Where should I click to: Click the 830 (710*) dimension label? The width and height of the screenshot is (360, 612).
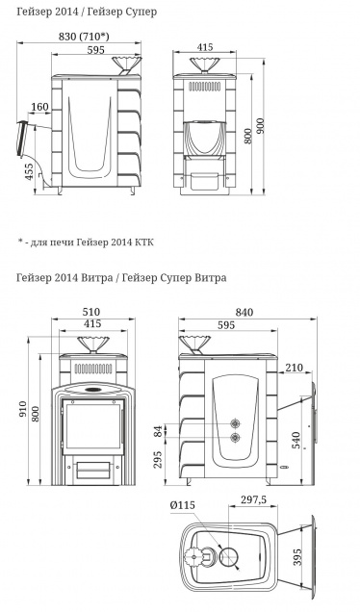84,37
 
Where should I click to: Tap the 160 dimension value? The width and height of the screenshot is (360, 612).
39,107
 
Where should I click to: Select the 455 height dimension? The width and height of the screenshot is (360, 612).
30,171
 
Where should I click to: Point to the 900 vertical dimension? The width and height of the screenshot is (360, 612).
260,126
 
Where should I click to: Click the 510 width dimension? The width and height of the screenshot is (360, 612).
91,312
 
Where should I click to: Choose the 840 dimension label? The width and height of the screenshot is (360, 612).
244,312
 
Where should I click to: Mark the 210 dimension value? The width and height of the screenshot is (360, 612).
294,368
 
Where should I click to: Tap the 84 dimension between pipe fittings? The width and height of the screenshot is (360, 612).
158,431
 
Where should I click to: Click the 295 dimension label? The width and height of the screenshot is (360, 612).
158,460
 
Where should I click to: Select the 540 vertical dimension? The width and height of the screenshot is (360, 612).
296,440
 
